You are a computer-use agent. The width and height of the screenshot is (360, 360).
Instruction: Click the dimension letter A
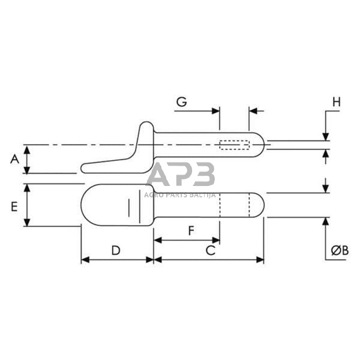tap(14, 159)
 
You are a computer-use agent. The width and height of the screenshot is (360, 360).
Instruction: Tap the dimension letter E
tap(14, 206)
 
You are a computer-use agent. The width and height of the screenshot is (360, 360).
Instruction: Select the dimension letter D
tap(116, 250)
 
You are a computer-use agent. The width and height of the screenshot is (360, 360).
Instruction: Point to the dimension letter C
tap(211, 250)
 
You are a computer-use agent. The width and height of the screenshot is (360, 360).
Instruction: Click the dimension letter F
tap(191, 231)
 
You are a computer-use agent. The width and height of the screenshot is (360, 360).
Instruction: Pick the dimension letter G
tap(181, 102)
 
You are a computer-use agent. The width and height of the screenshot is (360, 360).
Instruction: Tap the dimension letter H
tap(337, 102)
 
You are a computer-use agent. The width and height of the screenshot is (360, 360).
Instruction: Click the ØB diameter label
tap(340, 250)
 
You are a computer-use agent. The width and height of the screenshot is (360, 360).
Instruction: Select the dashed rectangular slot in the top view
tap(235, 145)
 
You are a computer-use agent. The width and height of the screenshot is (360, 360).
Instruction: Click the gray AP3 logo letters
tap(181, 174)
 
